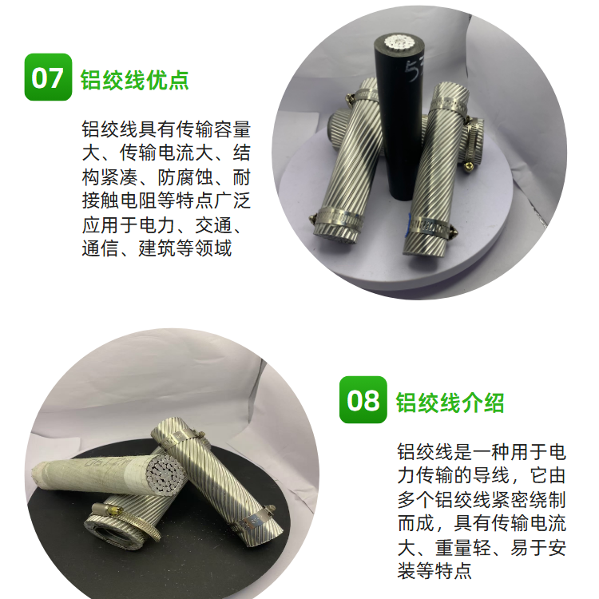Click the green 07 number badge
pos(48,77)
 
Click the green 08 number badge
pos(363,399)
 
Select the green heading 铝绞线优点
pos(135,80)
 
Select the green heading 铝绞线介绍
pos(450,403)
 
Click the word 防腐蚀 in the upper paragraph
pos(185,177)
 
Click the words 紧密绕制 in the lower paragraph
pos(529,500)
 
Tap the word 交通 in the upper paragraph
pos(213,224)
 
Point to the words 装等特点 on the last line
pos(434,572)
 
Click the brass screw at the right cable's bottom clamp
pos(453,232)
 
